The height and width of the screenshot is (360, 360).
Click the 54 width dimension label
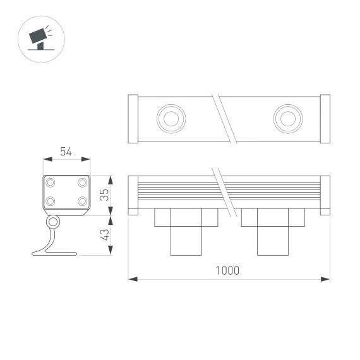65,152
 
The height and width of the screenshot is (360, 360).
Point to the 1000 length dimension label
227,270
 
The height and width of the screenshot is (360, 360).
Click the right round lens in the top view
287,117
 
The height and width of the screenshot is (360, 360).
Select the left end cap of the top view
133,118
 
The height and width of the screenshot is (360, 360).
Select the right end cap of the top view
325,118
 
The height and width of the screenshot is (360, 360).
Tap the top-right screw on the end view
82,183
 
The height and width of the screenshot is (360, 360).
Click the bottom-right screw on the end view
82,201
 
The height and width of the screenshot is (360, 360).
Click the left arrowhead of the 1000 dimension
131,278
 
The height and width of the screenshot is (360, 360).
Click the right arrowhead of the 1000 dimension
327,278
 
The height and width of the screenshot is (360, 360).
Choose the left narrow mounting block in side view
186,240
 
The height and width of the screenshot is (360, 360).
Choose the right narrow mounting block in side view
272,240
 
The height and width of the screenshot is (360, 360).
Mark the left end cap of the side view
133,195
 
